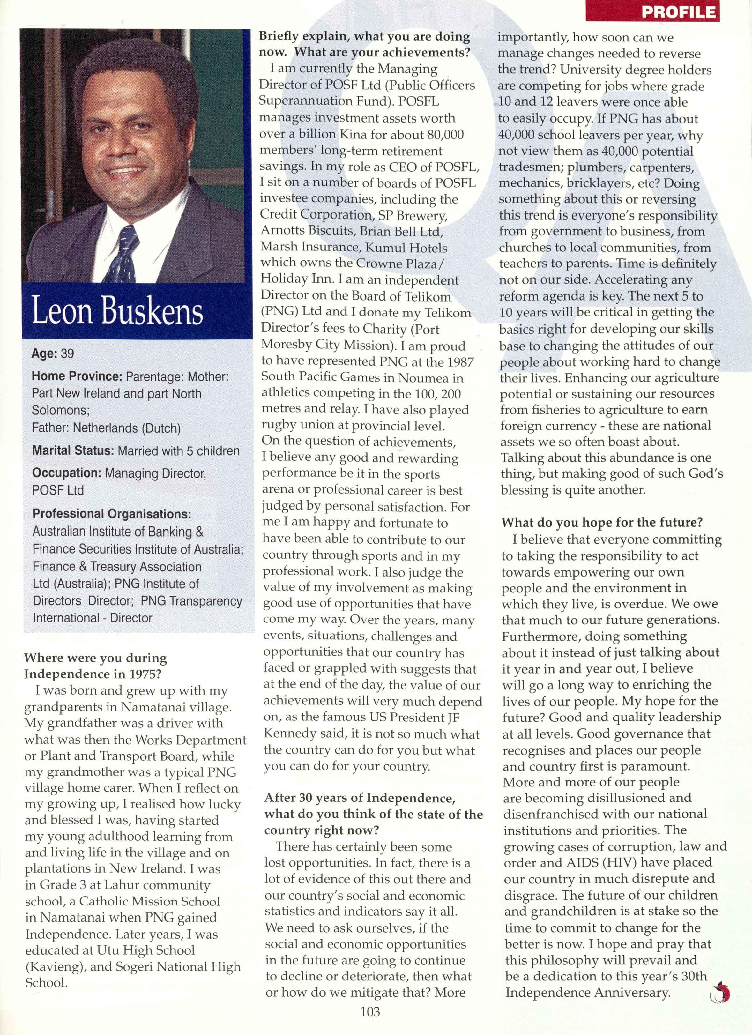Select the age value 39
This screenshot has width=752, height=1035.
[67, 354]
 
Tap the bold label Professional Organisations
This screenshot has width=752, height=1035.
[111, 514]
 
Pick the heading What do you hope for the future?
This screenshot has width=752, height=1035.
[601, 522]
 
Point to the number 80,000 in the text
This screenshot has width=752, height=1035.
[445, 135]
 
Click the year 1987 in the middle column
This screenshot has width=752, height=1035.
[458, 361]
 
